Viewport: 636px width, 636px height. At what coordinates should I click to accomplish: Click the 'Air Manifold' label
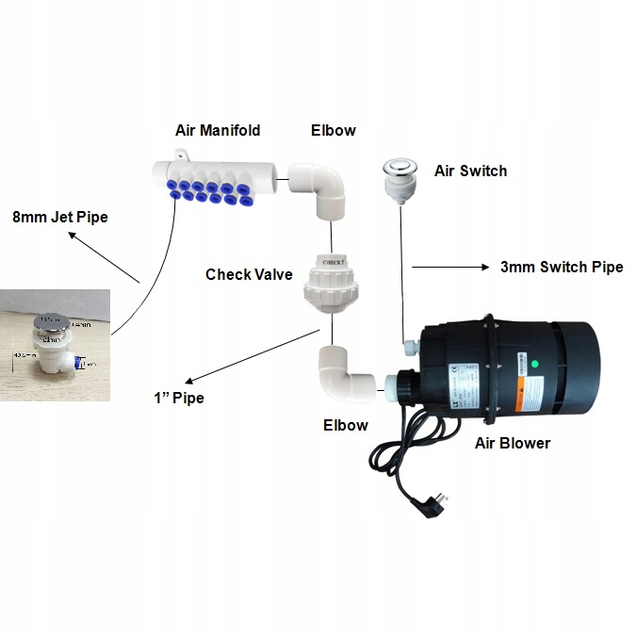pyautogui.click(x=217, y=130)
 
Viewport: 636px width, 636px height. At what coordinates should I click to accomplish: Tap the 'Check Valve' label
pyautogui.click(x=249, y=274)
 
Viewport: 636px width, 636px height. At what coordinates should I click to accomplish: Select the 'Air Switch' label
pyautogui.click(x=470, y=171)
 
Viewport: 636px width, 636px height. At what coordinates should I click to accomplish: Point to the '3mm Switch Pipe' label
pyautogui.click(x=562, y=267)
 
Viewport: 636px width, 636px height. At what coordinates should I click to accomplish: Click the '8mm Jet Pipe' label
pyautogui.click(x=60, y=217)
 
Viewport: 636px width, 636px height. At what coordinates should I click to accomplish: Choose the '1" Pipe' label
pyautogui.click(x=180, y=397)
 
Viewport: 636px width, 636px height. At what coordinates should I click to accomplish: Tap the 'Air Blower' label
pyautogui.click(x=513, y=442)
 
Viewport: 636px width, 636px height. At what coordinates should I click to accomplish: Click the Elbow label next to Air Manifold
pyautogui.click(x=334, y=130)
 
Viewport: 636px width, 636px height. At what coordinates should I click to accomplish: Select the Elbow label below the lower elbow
pyautogui.click(x=345, y=424)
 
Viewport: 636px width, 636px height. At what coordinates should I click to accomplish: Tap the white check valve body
pyautogui.click(x=331, y=283)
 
